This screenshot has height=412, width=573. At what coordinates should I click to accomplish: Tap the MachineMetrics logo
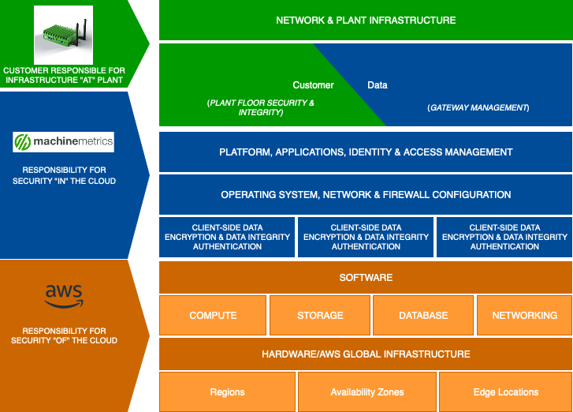pyautogui.click(x=64, y=142)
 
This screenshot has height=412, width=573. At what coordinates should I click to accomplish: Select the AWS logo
pyautogui.click(x=64, y=297)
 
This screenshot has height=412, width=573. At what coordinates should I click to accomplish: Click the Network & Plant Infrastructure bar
pyautogui.click(x=366, y=21)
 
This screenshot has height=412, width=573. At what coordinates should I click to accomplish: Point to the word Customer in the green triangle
pyautogui.click(x=313, y=85)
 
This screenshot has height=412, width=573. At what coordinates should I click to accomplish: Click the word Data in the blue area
pyautogui.click(x=378, y=85)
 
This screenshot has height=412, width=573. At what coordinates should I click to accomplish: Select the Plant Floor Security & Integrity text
pyautogui.click(x=261, y=108)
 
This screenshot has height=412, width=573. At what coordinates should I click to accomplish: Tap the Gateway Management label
pyautogui.click(x=478, y=107)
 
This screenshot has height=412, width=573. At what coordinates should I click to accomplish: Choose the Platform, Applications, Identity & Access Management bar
pyautogui.click(x=366, y=152)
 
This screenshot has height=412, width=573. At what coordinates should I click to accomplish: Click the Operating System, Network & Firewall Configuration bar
pyautogui.click(x=366, y=195)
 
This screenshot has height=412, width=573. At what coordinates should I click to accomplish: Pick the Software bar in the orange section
pyautogui.click(x=366, y=278)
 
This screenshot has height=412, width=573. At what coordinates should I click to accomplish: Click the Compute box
pyautogui.click(x=213, y=316)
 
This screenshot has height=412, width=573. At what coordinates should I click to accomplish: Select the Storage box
pyautogui.click(x=320, y=316)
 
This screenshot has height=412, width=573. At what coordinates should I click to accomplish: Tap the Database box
pyautogui.click(x=423, y=316)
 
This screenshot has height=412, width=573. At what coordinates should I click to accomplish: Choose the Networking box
pyautogui.click(x=524, y=316)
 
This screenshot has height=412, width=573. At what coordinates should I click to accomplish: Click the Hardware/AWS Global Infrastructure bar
pyautogui.click(x=366, y=354)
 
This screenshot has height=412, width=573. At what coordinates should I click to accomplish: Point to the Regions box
pyautogui.click(x=227, y=392)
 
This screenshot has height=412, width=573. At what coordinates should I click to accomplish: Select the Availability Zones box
pyautogui.click(x=366, y=392)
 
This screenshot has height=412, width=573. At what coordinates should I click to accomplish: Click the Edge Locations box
pyautogui.click(x=505, y=392)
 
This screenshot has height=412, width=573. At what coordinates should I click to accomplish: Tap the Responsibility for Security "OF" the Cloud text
pyautogui.click(x=64, y=335)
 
